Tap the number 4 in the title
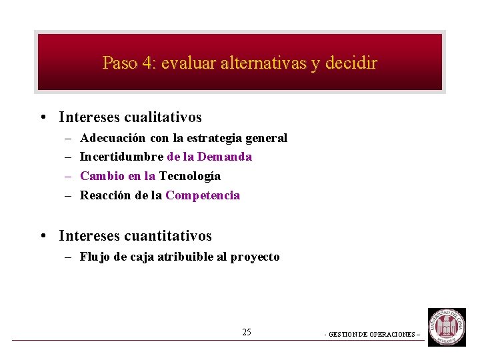[x=147, y=63]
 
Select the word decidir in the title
[x=353, y=63]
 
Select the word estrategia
[x=215, y=138]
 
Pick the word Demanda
[x=225, y=157]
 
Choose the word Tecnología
[x=190, y=176]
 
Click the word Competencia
[x=203, y=195]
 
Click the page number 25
[x=247, y=332]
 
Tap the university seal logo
[x=447, y=327]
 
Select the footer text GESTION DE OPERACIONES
[x=373, y=335]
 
